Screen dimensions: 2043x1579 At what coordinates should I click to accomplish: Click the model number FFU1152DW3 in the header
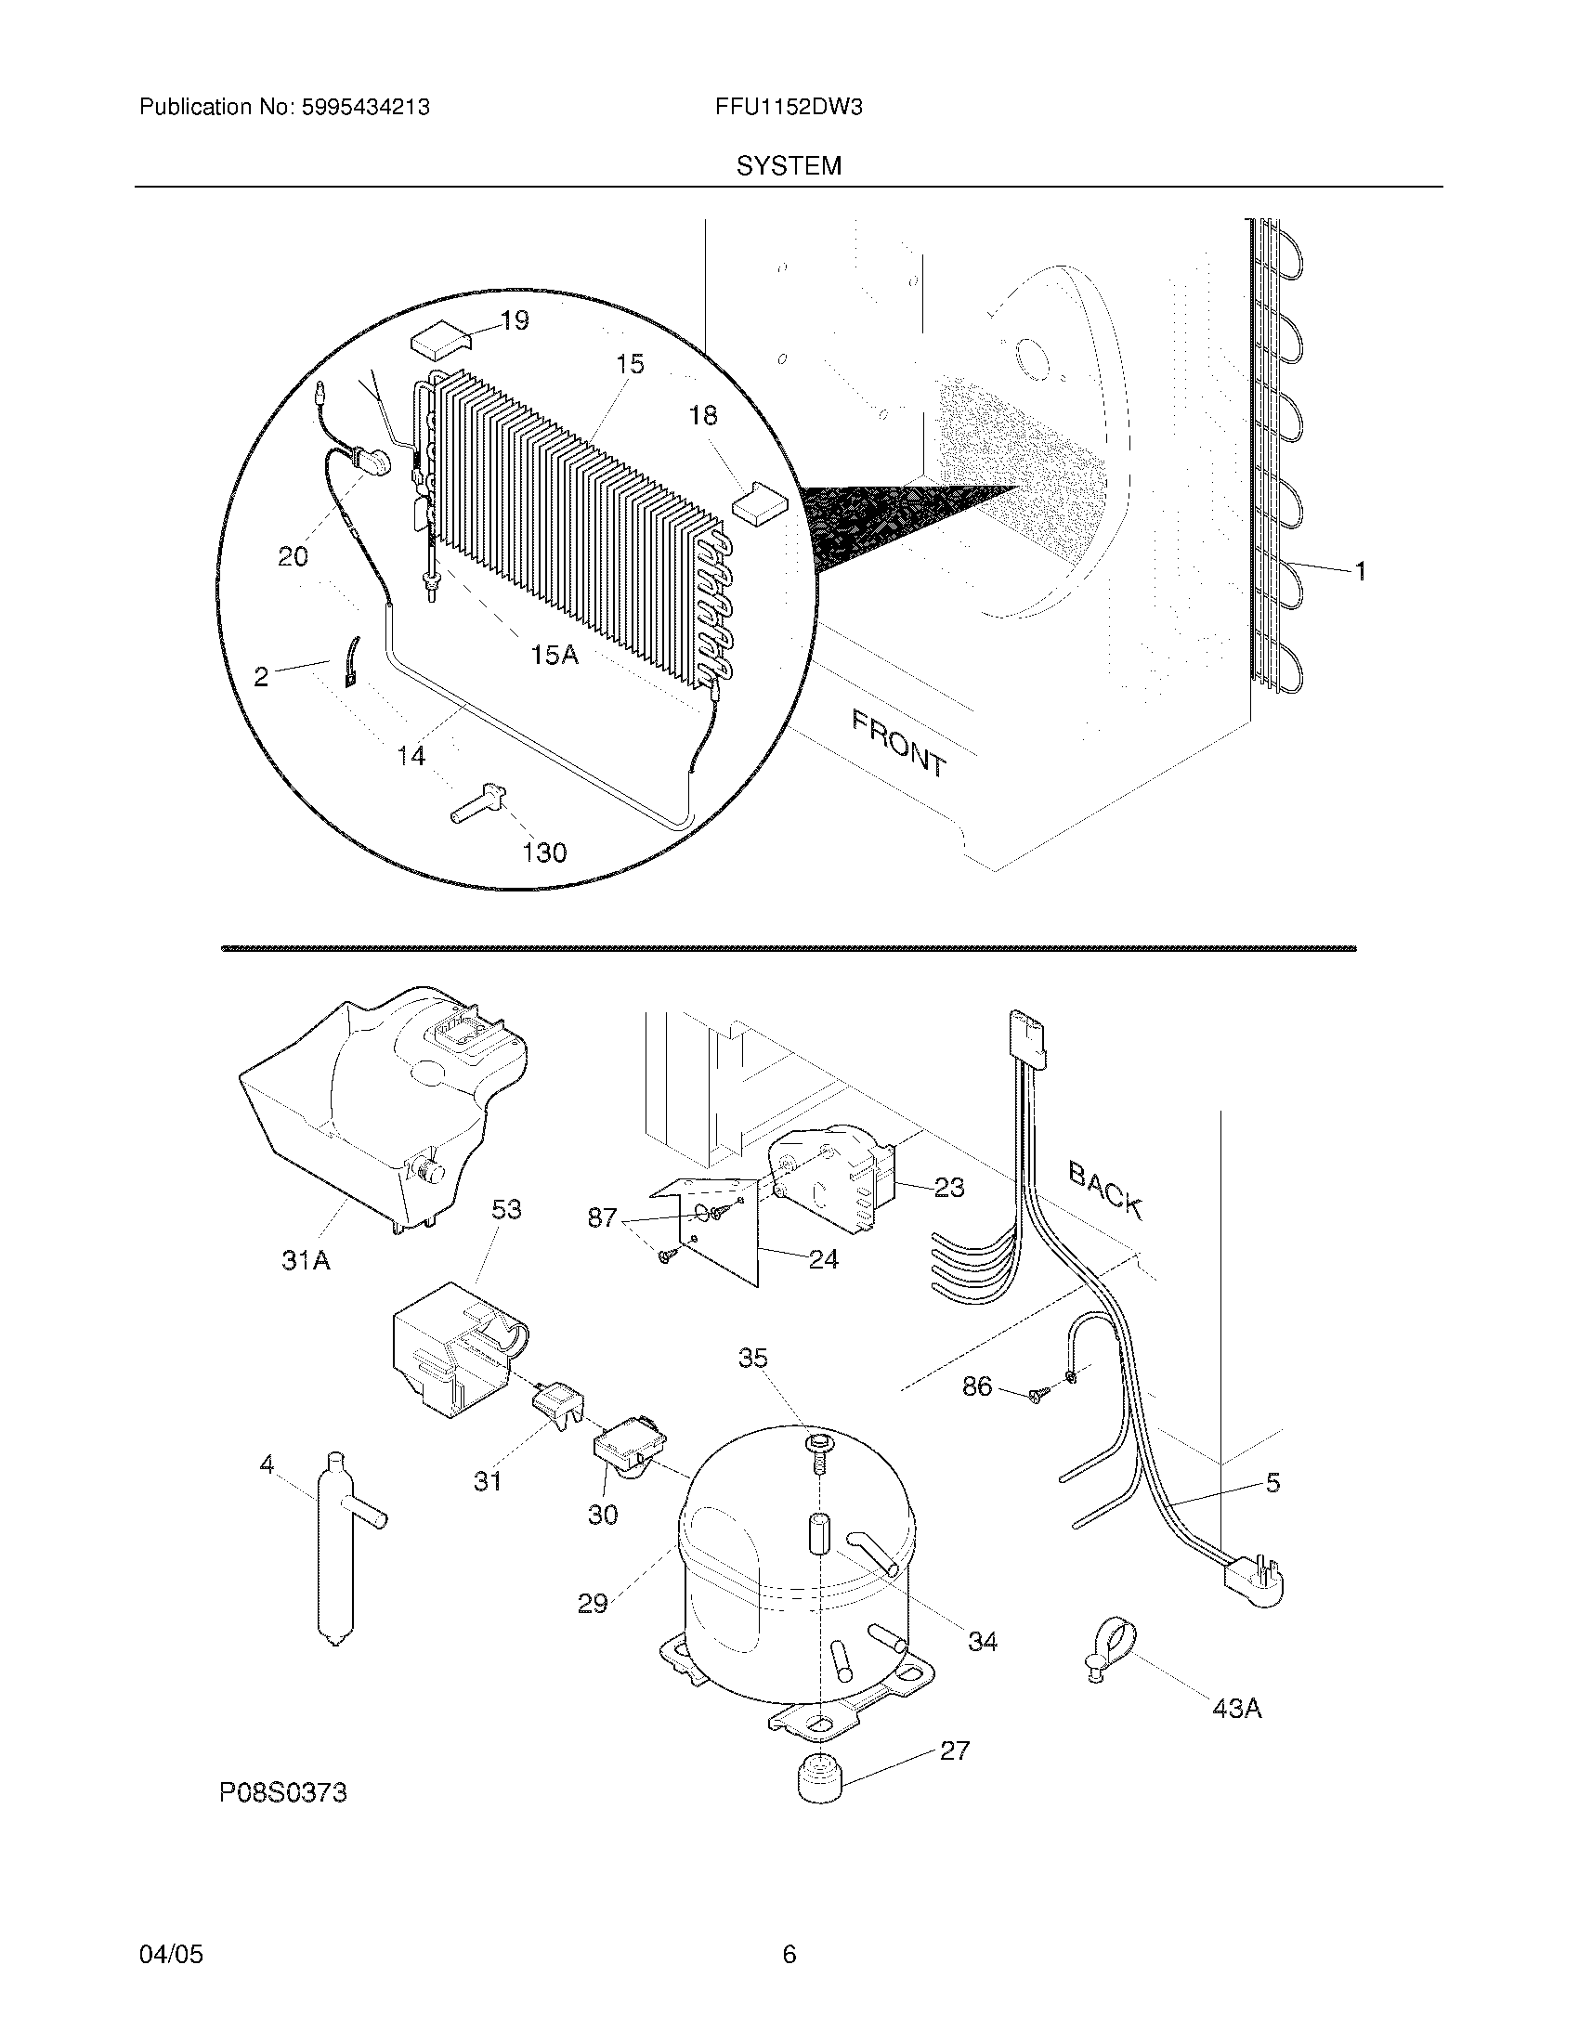tap(789, 108)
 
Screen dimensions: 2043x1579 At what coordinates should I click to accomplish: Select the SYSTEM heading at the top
tap(789, 166)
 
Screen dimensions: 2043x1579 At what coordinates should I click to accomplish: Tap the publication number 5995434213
tap(365, 108)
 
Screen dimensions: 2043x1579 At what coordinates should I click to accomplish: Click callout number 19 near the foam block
tap(515, 321)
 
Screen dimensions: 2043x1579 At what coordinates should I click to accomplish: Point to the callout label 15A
tap(555, 655)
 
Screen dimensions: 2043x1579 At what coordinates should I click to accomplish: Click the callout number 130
tap(544, 852)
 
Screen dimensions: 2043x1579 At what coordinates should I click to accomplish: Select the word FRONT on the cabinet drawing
tap(899, 743)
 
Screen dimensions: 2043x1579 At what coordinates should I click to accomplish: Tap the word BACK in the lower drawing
tap(1105, 1190)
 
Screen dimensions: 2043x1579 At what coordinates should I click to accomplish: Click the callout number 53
tap(505, 1209)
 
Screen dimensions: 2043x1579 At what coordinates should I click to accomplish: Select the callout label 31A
tap(306, 1261)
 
